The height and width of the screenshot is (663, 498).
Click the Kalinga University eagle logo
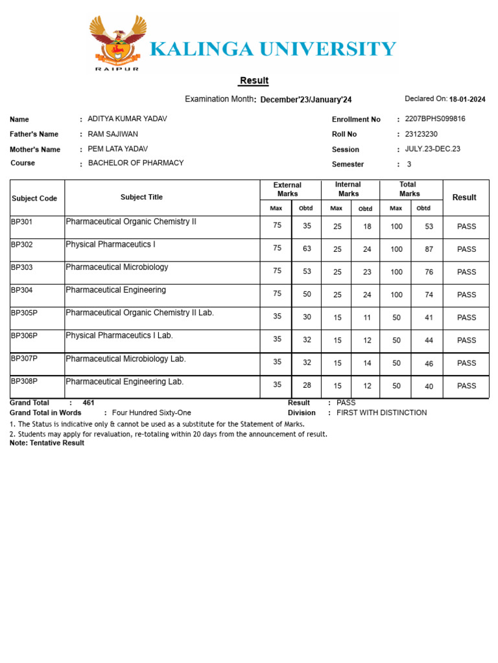pos(118,41)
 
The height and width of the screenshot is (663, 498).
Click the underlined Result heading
pos(254,81)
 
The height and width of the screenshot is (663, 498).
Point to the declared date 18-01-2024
pos(467,100)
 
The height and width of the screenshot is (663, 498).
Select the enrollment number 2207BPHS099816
pos(435,119)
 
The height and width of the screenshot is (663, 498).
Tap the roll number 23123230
pos(421,134)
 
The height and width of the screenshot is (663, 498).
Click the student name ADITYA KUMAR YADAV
pos(127,119)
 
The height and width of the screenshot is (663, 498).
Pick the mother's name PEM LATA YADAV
pos(117,149)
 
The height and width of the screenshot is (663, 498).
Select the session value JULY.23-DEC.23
pos(433,149)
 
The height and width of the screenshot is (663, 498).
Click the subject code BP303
pos(22,267)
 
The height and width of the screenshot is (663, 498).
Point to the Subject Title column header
pos(141,197)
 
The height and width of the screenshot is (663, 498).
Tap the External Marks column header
pos(287,189)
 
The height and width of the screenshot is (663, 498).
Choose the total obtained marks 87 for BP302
pos(429,249)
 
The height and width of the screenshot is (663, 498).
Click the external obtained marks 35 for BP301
pos(307,227)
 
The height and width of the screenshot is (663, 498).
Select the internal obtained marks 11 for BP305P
pos(367,318)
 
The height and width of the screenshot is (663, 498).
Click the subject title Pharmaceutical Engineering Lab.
pos(124,382)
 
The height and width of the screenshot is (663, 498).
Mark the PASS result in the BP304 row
pos(466,295)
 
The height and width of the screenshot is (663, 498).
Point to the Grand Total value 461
pos(88,403)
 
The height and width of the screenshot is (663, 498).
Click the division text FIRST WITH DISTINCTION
pos(381,412)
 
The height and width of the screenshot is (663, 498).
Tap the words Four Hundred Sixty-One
pos(151,412)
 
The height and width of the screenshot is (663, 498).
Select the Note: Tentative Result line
pos(47,443)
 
